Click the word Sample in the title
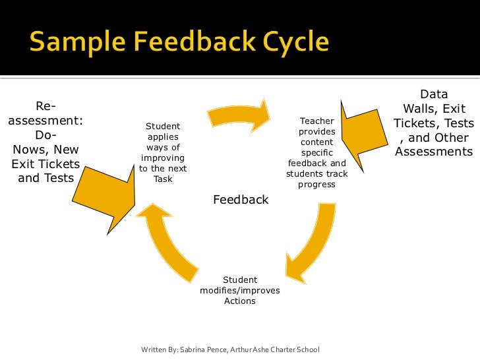[73, 43]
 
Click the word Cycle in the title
[289, 43]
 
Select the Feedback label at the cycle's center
[241, 199]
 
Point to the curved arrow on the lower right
[305, 245]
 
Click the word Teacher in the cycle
[316, 121]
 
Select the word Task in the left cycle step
[162, 179]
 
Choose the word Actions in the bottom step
[240, 301]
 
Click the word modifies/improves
[240, 291]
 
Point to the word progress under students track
[316, 185]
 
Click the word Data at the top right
[433, 95]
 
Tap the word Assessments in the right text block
[433, 152]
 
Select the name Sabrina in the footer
[193, 349]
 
